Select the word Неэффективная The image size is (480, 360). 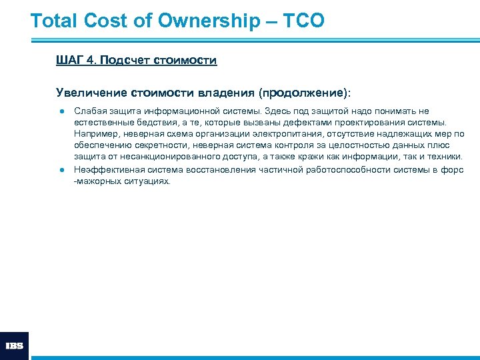[x=105, y=169]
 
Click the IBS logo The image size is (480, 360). [x=14, y=346]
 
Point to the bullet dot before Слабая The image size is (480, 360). [x=60, y=111]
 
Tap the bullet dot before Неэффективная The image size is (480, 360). [x=60, y=169]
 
